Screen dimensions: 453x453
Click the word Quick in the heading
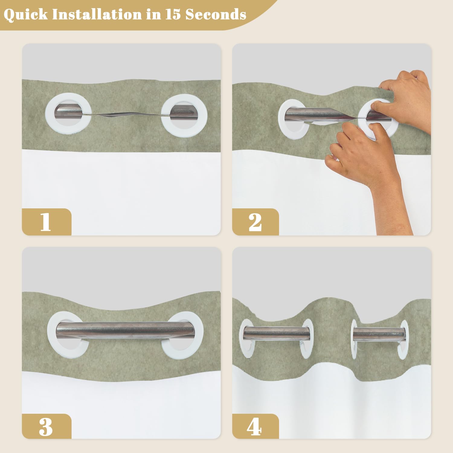[x=26, y=14]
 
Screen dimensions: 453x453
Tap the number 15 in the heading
[x=173, y=14]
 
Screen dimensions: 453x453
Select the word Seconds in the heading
[x=216, y=14]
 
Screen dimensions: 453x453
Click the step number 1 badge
[x=47, y=222]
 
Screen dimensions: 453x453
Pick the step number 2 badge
[x=255, y=222]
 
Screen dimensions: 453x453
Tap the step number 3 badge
[x=47, y=426]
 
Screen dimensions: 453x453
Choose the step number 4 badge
[x=255, y=426]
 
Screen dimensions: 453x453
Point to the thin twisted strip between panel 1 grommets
[x=126, y=115]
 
